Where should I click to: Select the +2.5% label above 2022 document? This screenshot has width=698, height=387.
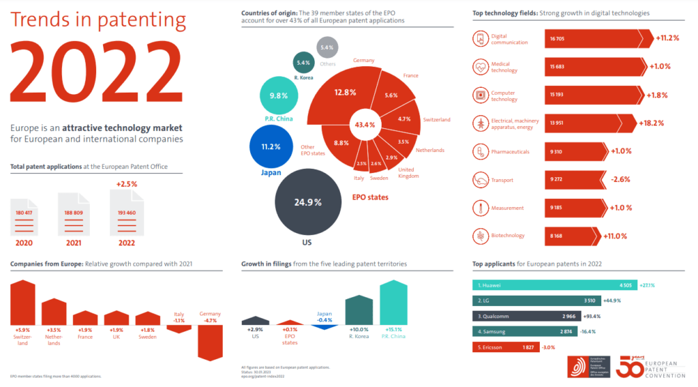tap(127, 184)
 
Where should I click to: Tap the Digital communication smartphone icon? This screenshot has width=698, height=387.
tap(481, 39)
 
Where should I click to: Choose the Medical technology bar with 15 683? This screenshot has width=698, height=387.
tap(593, 66)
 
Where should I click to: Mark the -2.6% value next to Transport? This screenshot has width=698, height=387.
tap(622, 179)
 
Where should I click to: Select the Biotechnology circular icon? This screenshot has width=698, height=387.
tap(481, 236)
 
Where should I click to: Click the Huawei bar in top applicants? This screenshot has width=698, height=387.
tap(556, 285)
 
